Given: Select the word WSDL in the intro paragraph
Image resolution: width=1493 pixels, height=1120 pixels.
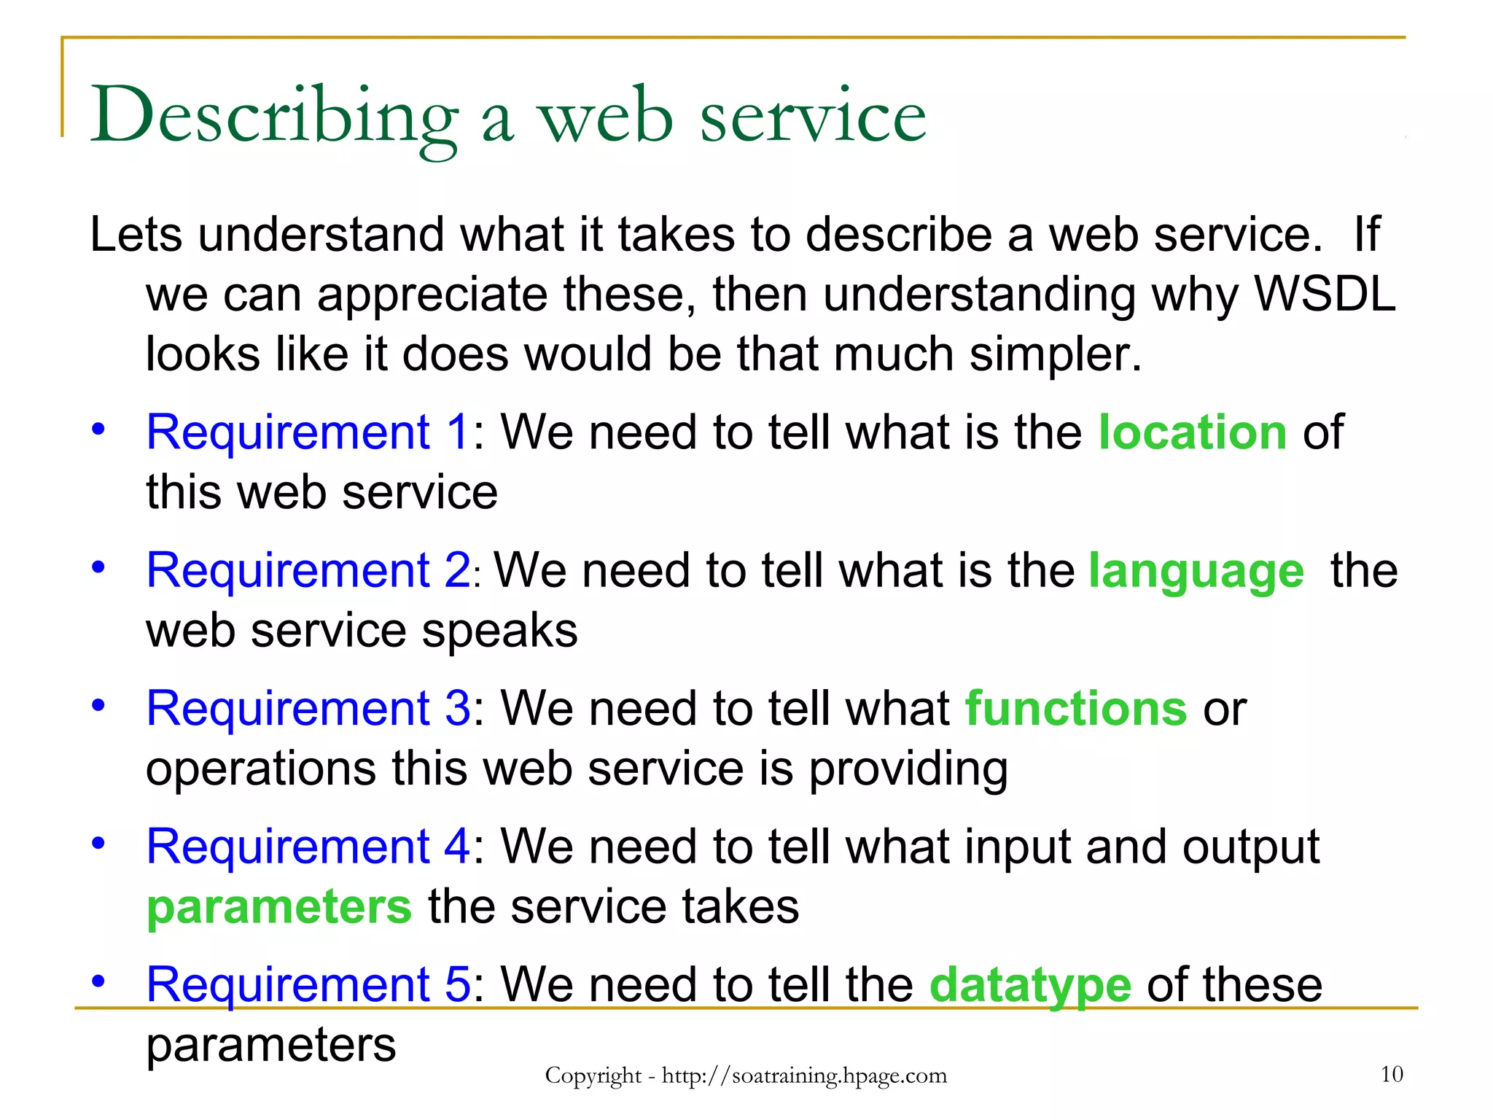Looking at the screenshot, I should click(1324, 295).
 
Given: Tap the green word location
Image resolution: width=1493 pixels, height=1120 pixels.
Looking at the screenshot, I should click(1193, 432).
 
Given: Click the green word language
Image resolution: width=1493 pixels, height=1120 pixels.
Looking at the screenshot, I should click(1196, 571).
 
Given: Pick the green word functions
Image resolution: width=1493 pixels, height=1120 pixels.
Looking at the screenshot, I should click(1076, 709).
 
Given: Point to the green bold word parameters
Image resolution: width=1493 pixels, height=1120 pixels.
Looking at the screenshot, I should click(279, 907).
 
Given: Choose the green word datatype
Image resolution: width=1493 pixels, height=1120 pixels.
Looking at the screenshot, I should click(1030, 985).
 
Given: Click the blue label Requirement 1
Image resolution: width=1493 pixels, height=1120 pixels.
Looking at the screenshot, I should click(308, 432).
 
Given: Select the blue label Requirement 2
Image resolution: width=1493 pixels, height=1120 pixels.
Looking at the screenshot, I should click(308, 570).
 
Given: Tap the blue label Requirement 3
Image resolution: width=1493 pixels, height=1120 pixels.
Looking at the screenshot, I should click(308, 709).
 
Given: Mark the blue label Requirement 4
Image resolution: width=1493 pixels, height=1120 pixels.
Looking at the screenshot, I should click(308, 847).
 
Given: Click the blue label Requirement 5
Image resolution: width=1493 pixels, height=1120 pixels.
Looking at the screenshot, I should click(308, 984).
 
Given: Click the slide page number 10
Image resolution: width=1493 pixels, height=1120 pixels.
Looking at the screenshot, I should click(1392, 1074).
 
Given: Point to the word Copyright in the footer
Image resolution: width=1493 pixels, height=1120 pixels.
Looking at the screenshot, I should click(593, 1076).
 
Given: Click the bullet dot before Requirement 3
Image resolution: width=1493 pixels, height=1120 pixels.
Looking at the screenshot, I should click(98, 705).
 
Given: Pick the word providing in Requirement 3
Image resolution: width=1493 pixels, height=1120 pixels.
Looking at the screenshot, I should click(908, 770).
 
